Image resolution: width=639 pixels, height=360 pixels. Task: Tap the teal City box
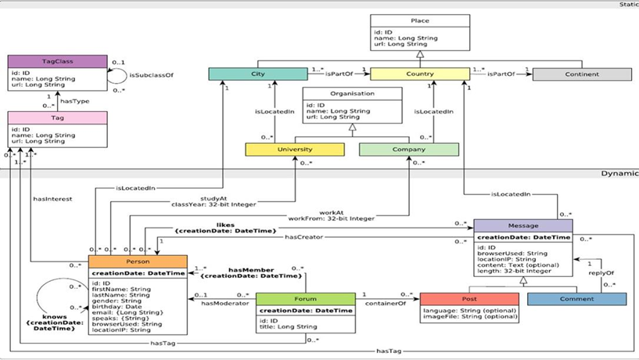(x=258, y=74)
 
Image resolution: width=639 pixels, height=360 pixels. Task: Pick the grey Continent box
(x=581, y=74)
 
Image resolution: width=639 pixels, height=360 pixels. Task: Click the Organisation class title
(x=352, y=94)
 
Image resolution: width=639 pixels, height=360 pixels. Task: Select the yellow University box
(x=293, y=149)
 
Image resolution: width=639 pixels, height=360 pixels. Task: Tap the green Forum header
(x=305, y=298)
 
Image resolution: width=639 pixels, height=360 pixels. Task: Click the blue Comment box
(x=576, y=298)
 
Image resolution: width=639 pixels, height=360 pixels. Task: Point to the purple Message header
(x=524, y=225)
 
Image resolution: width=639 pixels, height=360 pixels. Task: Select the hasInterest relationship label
(x=52, y=199)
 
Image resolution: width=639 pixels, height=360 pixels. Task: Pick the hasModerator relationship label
(x=224, y=303)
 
